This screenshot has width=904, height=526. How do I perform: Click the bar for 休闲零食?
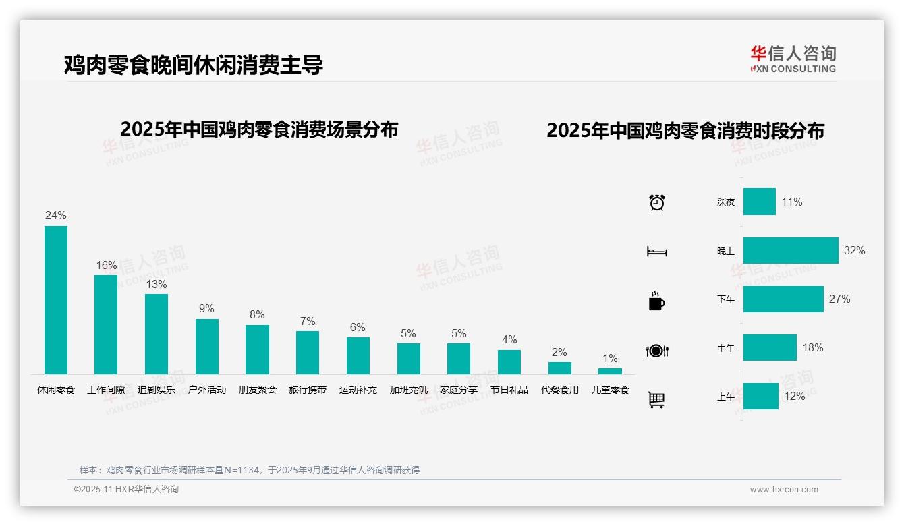pos(56,300)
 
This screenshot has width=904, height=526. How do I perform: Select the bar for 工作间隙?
pos(106,324)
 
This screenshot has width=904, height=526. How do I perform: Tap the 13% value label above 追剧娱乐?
pos(157,285)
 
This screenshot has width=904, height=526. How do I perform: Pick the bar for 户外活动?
pos(207,347)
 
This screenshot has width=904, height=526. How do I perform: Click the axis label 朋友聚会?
pos(257,390)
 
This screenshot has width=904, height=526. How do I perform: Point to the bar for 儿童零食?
pos(610,371)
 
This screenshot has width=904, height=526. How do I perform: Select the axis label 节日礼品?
pos(509,390)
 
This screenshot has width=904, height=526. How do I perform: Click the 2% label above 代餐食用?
pos(559,352)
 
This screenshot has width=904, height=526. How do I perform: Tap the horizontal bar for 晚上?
pos(791,251)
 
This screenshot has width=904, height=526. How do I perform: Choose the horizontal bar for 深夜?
pos(760,202)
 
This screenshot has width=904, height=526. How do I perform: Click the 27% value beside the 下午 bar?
pos(840,299)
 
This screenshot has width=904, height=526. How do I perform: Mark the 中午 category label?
pos(726,348)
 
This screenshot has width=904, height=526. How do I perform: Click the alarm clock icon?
pos(657,202)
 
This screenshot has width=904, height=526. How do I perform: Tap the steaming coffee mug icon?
pos(656,301)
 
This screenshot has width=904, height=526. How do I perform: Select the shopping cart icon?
pos(656,399)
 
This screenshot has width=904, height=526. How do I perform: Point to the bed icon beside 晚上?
pos(656,252)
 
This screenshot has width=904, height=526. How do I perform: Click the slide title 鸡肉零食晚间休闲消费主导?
pos(194,65)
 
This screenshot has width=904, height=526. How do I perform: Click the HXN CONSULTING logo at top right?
pos(793,59)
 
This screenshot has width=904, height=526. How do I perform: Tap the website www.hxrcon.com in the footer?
pos(784,490)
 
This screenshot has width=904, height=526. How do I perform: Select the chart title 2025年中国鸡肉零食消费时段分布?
pos(685,130)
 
